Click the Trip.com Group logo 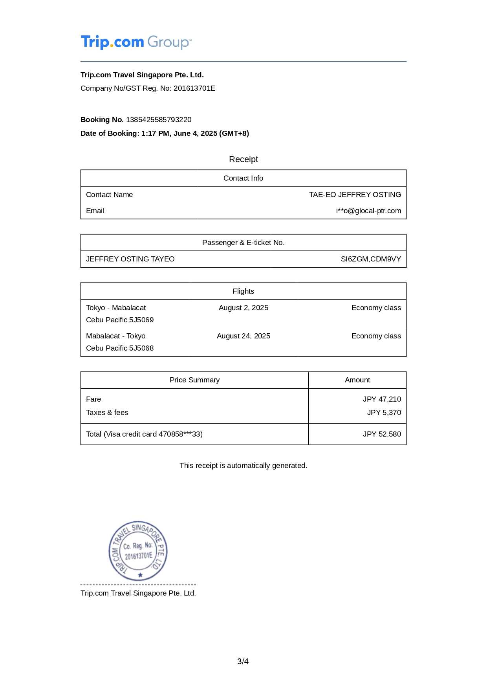(136, 42)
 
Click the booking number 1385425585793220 (159, 120)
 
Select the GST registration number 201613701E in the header (194, 88)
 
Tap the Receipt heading (243, 159)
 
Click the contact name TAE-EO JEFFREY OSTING (355, 195)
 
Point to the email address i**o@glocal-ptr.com (368, 211)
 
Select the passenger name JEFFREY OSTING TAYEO (130, 259)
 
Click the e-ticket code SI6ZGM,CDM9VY (371, 259)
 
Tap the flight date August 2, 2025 (243, 308)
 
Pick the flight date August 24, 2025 (243, 336)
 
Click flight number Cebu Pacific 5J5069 (120, 320)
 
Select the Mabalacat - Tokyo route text (115, 336)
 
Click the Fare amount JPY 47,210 (382, 399)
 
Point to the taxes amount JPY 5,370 (384, 413)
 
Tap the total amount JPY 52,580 (382, 434)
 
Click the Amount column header (357, 380)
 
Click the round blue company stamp (138, 551)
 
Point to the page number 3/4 (243, 662)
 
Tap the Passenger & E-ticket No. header (243, 243)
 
